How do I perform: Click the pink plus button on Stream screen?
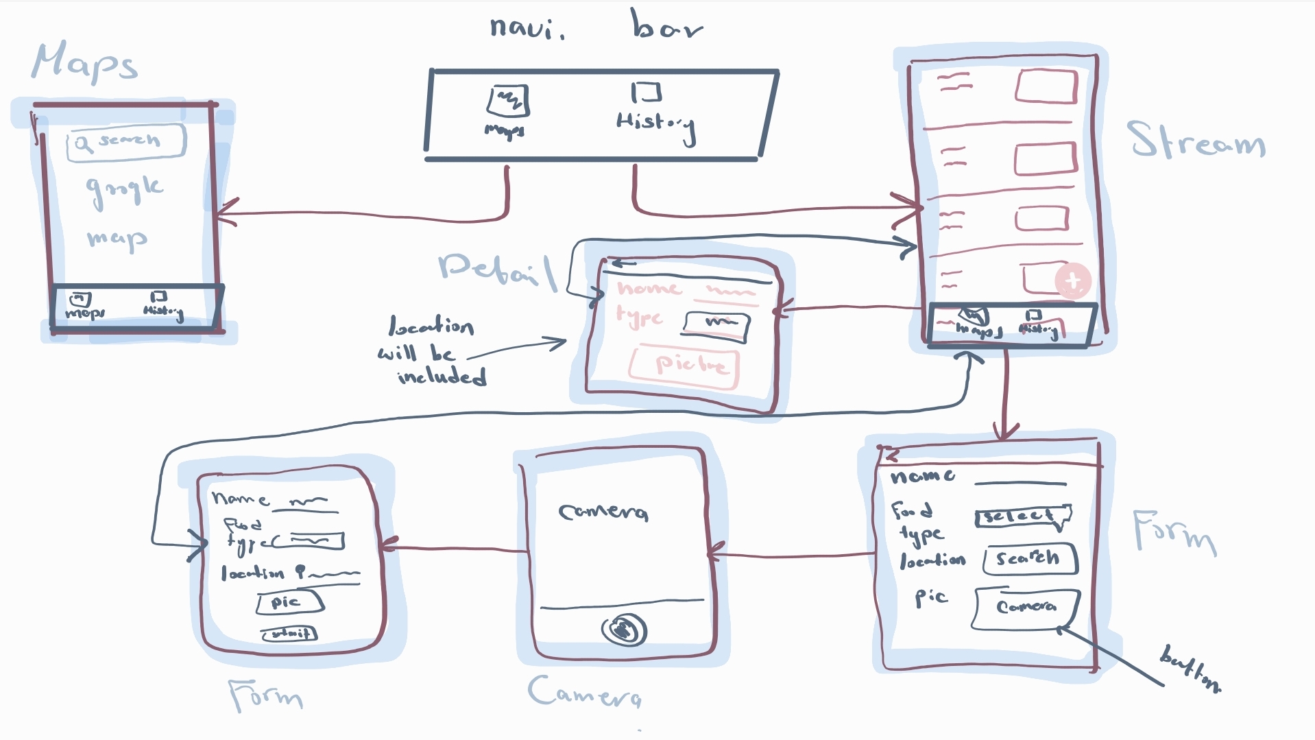coord(1072,281)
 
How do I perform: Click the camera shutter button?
coord(624,630)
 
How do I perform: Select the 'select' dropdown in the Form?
coord(1022,516)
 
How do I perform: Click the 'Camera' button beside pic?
coord(1026,607)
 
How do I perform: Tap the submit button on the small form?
coord(289,633)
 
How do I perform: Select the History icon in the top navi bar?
coord(646,92)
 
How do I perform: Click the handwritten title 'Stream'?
coord(1196,141)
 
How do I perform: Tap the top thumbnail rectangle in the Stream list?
coord(1045,86)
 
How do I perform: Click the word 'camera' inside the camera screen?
coord(603,512)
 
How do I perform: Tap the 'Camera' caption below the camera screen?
coord(584,692)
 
